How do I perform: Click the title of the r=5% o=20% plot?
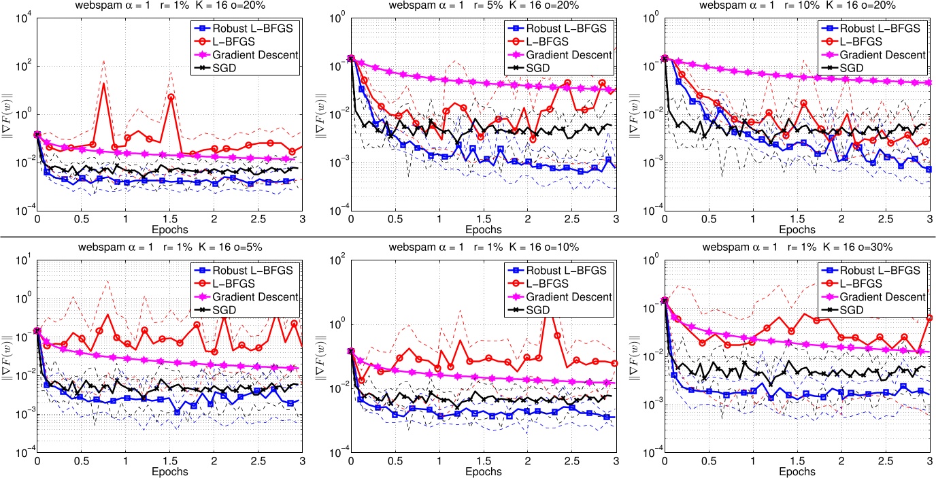[x=483, y=6]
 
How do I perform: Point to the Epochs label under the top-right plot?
[x=797, y=230]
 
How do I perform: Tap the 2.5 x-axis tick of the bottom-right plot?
[x=885, y=462]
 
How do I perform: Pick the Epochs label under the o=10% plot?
[x=483, y=471]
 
